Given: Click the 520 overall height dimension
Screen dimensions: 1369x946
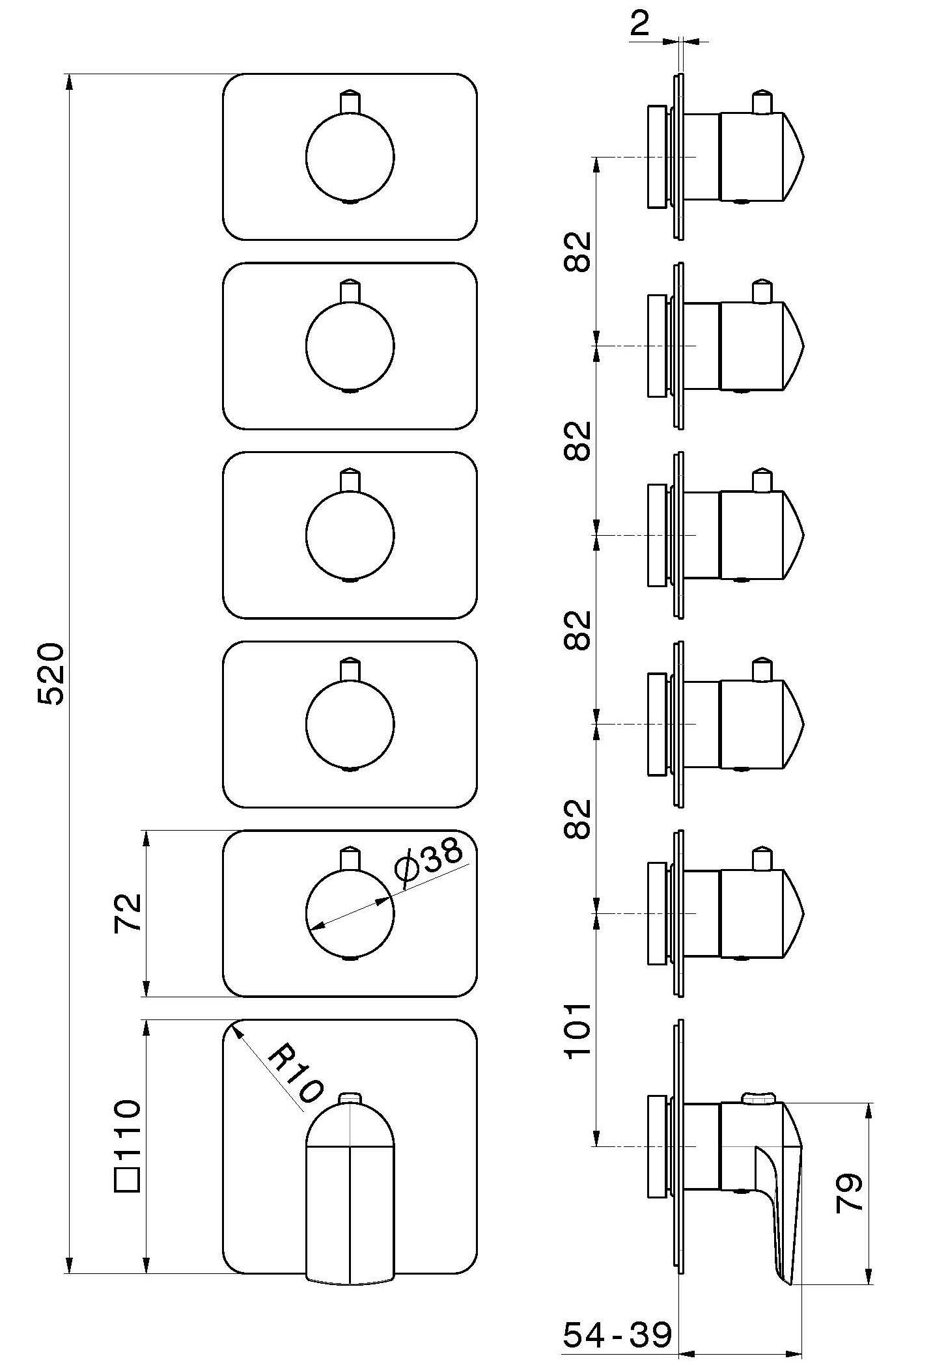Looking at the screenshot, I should pos(51,674).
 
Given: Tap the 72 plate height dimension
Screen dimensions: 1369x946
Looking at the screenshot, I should pos(128,913).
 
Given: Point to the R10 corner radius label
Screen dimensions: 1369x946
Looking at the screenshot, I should pos(296,1073).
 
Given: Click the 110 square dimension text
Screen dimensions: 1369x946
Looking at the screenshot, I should pos(128,1129).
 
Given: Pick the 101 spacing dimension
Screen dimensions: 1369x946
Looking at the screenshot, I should pos(577,1030).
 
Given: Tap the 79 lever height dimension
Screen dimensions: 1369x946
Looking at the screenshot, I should pos(850,1192).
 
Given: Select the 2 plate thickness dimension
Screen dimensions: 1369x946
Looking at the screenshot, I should pos(641,25).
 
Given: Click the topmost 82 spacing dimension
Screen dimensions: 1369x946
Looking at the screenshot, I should pos(577,251).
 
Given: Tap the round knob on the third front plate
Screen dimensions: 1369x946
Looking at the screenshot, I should pos(350,535).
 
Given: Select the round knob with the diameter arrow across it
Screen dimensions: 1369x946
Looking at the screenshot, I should pos(350,913).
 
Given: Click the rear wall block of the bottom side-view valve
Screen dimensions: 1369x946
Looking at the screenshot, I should pos(658,1146).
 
